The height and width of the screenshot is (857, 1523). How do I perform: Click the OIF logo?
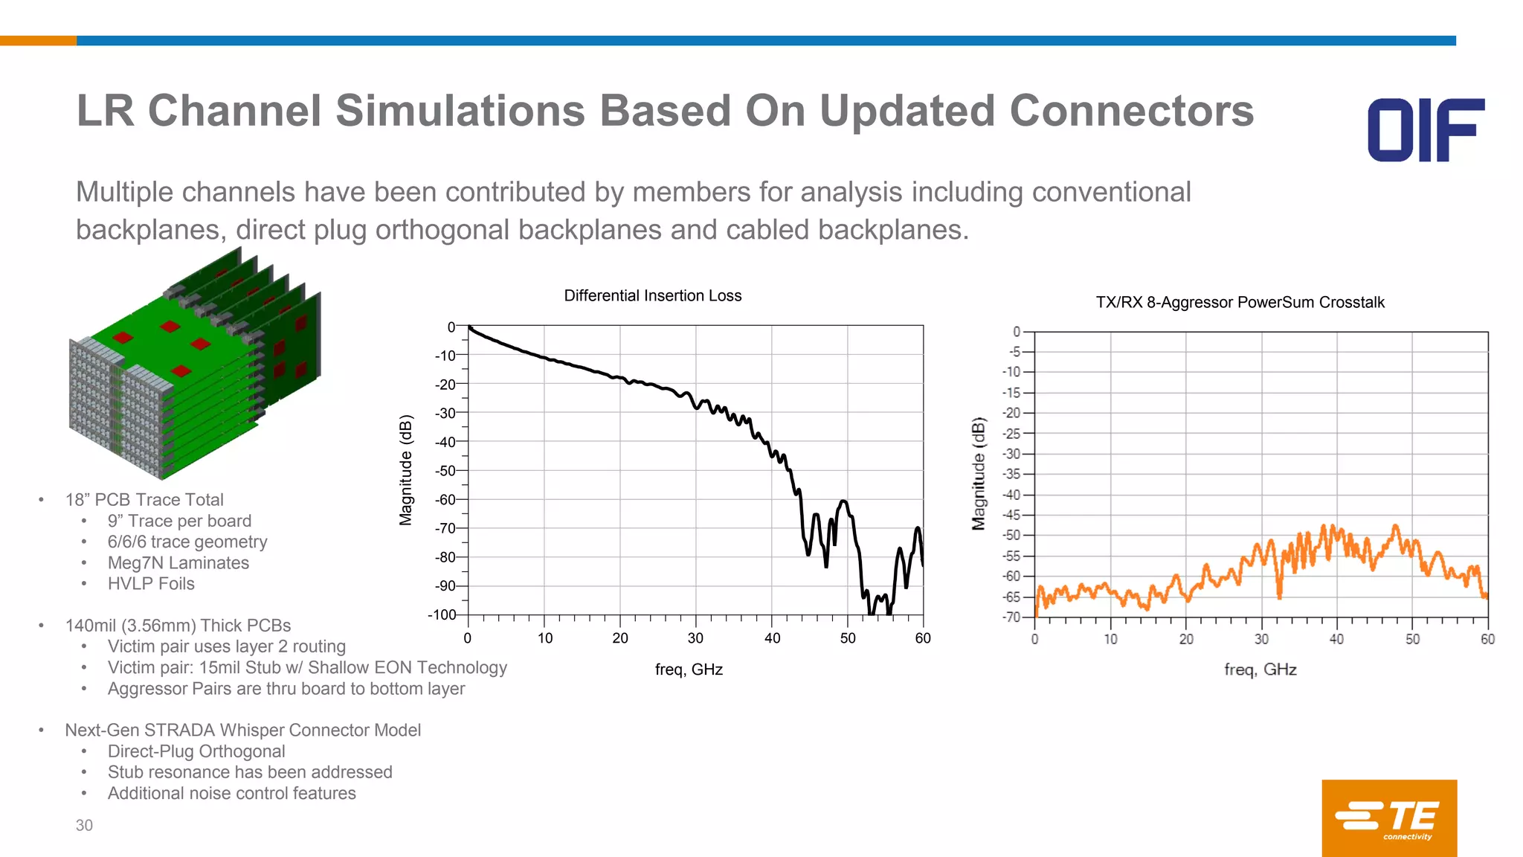(x=1426, y=129)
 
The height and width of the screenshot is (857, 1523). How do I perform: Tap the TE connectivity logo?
(x=1388, y=818)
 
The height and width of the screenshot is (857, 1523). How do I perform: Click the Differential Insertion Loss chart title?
(x=652, y=295)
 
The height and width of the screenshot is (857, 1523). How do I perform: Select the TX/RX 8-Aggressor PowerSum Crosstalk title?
(x=1240, y=302)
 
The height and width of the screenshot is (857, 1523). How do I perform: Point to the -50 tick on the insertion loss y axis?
(x=445, y=470)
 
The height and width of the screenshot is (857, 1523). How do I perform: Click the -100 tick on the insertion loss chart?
(x=442, y=614)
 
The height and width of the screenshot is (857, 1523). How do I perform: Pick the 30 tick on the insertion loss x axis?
(x=695, y=638)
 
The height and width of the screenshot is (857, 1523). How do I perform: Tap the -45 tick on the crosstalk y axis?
(x=1011, y=515)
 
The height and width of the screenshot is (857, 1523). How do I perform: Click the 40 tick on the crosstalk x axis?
(x=1336, y=639)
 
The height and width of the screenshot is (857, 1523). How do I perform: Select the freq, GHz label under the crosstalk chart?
(x=1260, y=670)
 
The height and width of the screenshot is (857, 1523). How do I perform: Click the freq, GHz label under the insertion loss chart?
(x=689, y=670)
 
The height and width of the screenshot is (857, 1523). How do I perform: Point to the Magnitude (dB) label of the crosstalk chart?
(x=979, y=474)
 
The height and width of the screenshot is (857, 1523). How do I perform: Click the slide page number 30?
(x=84, y=825)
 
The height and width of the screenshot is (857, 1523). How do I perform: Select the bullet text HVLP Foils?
(x=151, y=584)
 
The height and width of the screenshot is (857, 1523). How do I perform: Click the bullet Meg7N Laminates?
(x=178, y=563)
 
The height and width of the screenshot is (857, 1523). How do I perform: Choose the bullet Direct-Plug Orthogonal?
(x=196, y=751)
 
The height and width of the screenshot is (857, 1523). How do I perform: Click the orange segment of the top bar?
(x=38, y=41)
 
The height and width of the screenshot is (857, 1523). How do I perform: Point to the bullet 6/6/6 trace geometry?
(x=187, y=542)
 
